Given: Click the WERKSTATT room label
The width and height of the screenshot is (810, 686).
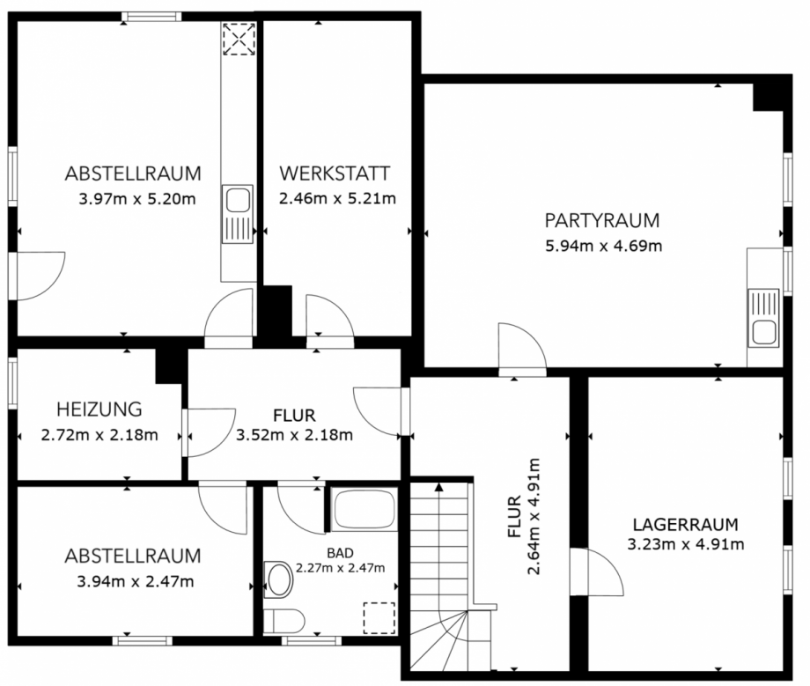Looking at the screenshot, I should click(x=335, y=173).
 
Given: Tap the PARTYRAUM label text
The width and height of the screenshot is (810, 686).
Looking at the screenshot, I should click(x=601, y=220).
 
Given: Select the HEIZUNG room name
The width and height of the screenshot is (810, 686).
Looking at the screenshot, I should click(x=99, y=409).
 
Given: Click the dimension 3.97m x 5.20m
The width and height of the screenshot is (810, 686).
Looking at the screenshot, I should click(x=136, y=198).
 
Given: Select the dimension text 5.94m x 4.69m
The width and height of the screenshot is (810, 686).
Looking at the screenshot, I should click(x=603, y=246).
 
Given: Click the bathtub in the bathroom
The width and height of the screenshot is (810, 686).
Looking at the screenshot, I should click(x=364, y=510).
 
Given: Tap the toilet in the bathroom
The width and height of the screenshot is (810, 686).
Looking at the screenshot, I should click(x=287, y=619).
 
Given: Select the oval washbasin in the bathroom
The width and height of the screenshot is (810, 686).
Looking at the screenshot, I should click(x=281, y=579).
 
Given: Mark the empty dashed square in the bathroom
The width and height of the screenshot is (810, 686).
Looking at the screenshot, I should click(x=380, y=616).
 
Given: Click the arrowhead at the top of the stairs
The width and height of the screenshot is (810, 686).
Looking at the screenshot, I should click(x=438, y=488).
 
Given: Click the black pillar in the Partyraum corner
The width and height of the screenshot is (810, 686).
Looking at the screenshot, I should click(x=768, y=94).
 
